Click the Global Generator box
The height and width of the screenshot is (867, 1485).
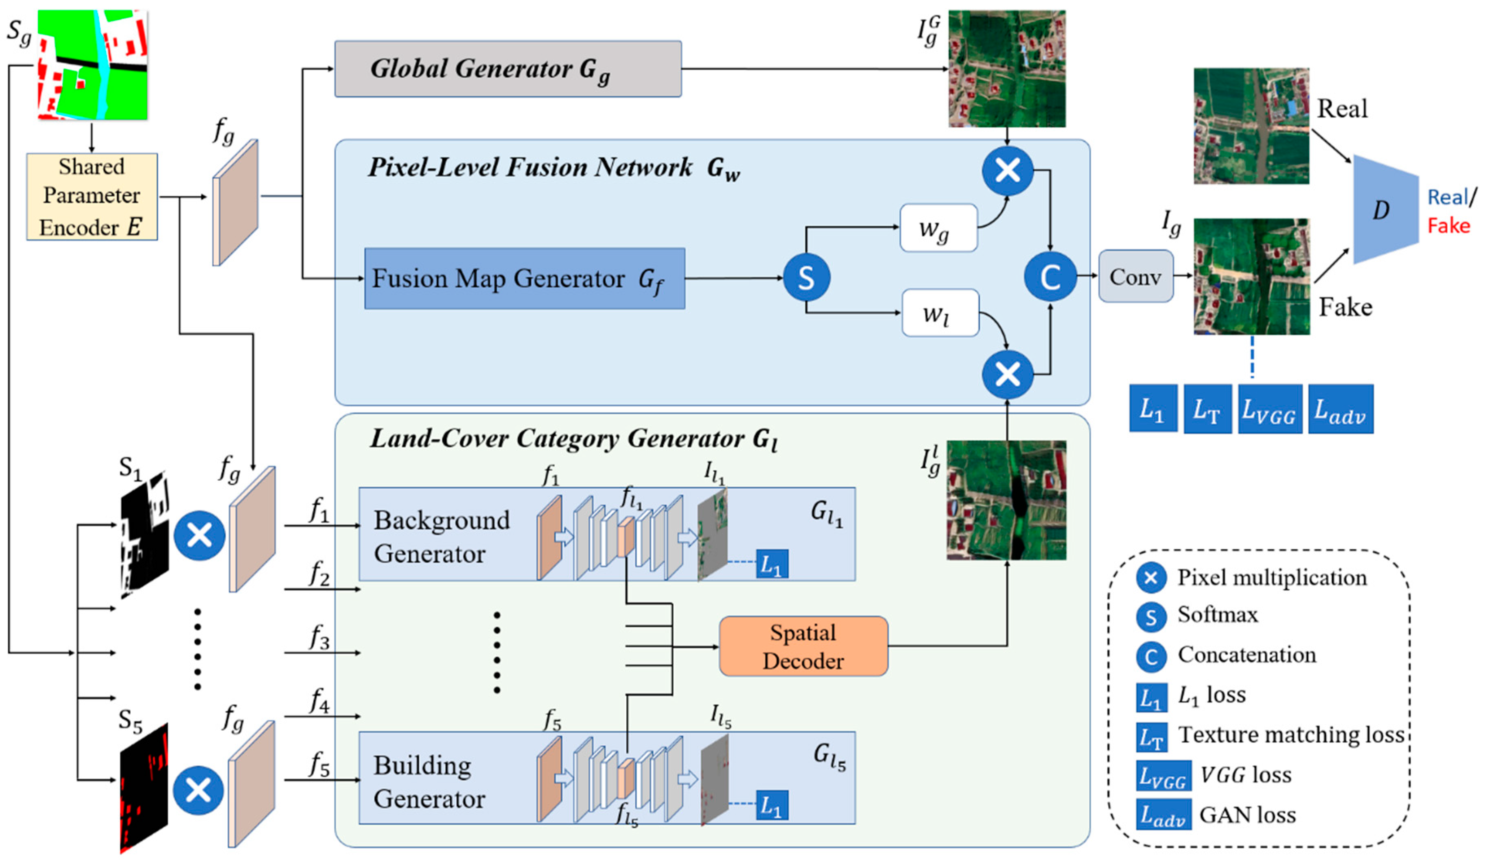[x=508, y=69]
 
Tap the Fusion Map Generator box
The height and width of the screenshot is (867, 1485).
[x=525, y=279]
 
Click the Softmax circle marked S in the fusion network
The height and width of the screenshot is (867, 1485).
[x=806, y=277]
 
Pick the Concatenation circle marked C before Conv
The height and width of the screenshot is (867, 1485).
[x=1050, y=277]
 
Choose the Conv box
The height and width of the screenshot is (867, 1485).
[x=1135, y=277]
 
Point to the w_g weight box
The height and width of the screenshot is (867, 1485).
[x=938, y=228]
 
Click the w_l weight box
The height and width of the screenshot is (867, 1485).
[x=940, y=313]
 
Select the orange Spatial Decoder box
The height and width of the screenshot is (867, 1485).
[x=803, y=646]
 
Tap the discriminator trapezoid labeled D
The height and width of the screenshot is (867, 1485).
[x=1385, y=210]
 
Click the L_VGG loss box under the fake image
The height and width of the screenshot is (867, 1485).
[x=1269, y=409]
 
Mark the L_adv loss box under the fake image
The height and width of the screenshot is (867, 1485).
[x=1341, y=409]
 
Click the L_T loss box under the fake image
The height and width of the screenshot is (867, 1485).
[x=1207, y=409]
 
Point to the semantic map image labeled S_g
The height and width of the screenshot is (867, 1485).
[x=92, y=65]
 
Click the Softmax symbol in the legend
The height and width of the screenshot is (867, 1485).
[x=1150, y=617]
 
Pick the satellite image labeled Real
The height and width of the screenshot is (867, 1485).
[x=1251, y=126]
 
